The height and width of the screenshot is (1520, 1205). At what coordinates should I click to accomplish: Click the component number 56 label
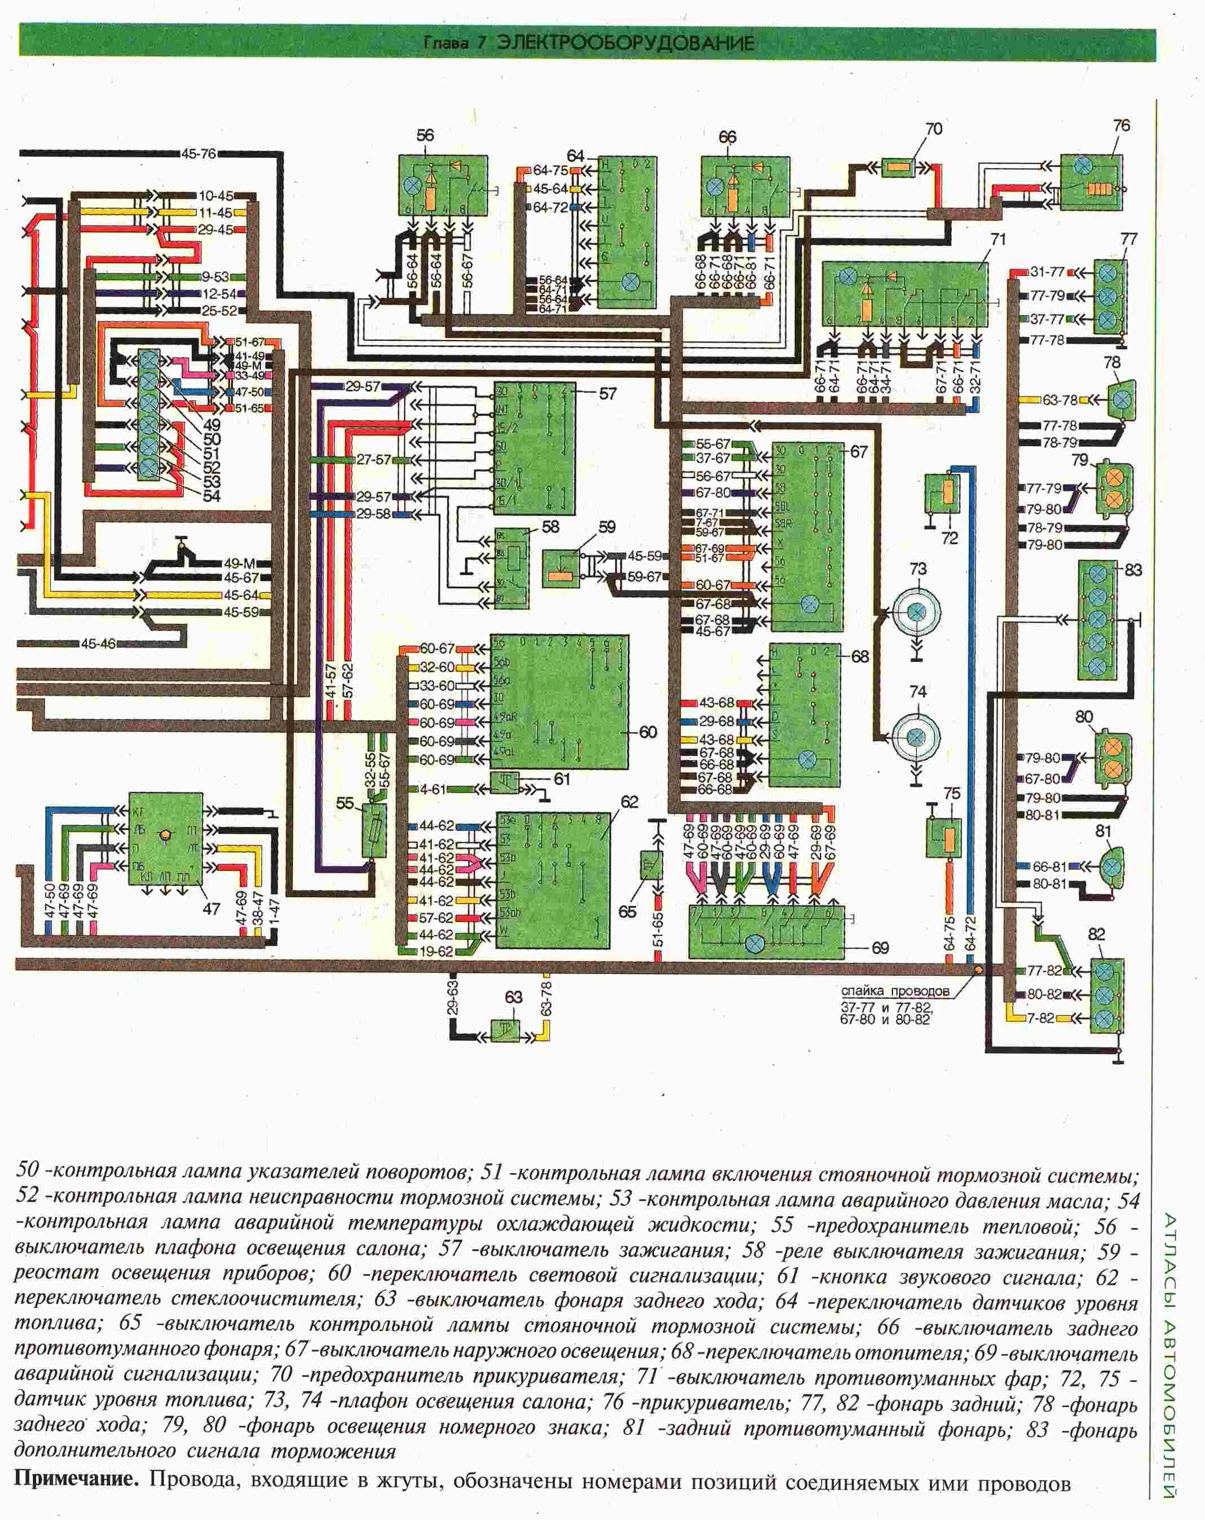[425, 135]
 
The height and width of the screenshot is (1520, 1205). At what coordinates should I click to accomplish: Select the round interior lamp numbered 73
[916, 613]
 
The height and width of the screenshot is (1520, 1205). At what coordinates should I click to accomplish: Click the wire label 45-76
[198, 153]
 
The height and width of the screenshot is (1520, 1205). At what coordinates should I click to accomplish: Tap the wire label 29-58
[373, 514]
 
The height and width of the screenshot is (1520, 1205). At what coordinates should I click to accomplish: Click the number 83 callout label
[1132, 570]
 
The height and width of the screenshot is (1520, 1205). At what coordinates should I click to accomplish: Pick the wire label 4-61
[432, 789]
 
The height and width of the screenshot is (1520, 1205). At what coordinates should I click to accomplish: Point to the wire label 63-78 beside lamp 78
[1060, 400]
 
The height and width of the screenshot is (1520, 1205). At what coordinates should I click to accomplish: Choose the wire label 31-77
[1047, 272]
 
